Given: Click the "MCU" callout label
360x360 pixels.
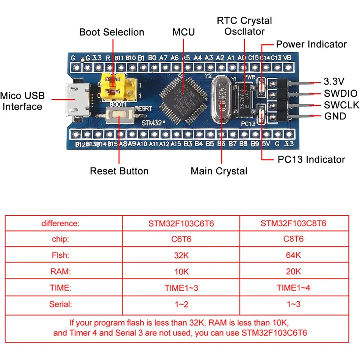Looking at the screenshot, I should pyautogui.click(x=183, y=32).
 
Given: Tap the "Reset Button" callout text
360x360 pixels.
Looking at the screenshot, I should pyautogui.click(x=119, y=171).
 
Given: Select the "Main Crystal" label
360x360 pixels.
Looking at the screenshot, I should pyautogui.click(x=219, y=171).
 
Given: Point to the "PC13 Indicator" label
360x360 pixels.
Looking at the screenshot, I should pyautogui.click(x=311, y=159).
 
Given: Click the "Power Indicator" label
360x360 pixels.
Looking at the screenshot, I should pyautogui.click(x=311, y=44).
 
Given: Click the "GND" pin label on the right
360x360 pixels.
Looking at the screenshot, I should pyautogui.click(x=335, y=116).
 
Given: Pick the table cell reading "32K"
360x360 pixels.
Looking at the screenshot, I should pyautogui.click(x=181, y=255).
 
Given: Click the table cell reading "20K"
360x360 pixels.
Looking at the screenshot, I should pyautogui.click(x=294, y=272).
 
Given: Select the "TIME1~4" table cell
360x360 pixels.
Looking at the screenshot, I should pyautogui.click(x=294, y=288).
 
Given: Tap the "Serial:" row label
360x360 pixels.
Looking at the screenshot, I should pyautogui.click(x=61, y=304).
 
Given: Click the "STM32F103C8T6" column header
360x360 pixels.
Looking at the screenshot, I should pyautogui.click(x=294, y=223).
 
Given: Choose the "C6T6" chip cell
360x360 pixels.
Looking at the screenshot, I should pyautogui.click(x=181, y=239).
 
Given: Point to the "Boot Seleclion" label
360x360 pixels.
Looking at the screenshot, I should pyautogui.click(x=112, y=32).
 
